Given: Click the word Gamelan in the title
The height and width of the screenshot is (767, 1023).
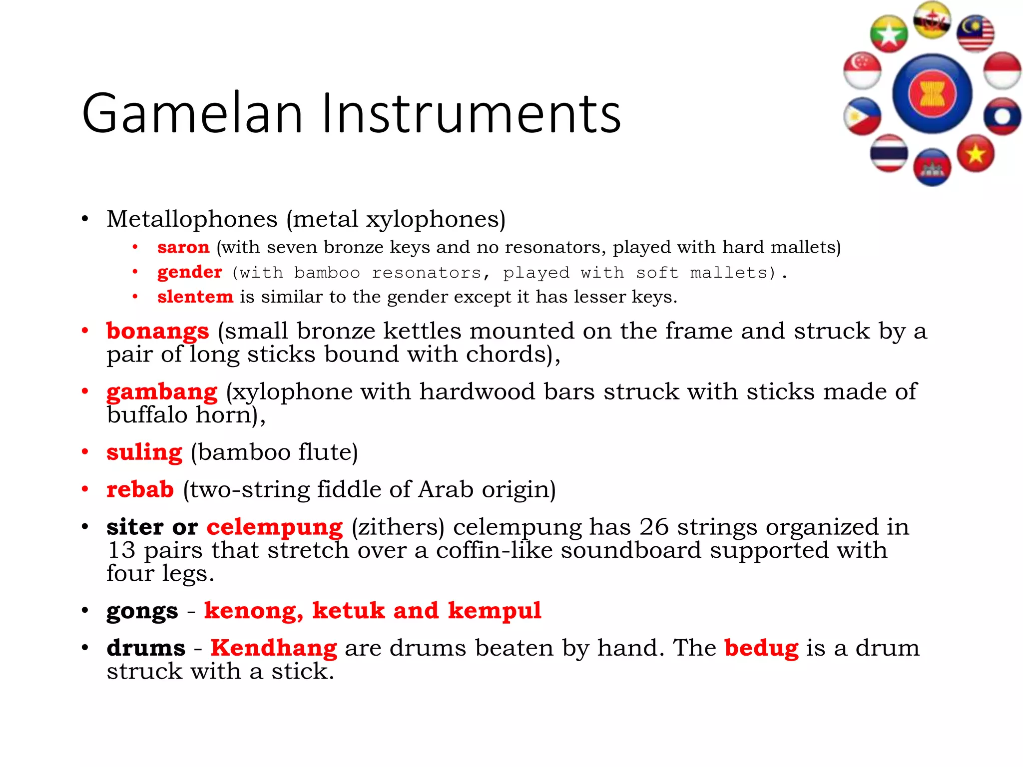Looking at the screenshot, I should tap(192, 114).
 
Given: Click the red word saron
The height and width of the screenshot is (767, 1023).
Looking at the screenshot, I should tap(183, 247).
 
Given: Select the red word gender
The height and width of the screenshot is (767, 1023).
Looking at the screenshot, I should tap(189, 272).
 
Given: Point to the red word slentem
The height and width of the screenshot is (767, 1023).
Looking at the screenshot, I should tap(195, 297).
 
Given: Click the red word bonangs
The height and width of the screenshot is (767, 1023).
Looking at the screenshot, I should tap(157, 331).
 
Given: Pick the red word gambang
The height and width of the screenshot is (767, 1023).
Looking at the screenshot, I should tap(162, 392).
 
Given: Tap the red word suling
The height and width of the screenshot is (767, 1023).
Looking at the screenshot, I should tap(144, 452).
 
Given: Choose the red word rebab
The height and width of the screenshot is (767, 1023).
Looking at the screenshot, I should tap(140, 489).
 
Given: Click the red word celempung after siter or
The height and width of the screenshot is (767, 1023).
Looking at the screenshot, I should tap(275, 527).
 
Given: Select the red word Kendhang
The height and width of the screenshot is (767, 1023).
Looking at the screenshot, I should tap(274, 648).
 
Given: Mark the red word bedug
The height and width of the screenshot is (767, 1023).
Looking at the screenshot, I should tap(761, 648).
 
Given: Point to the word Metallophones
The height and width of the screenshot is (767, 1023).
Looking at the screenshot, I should tap(192, 219).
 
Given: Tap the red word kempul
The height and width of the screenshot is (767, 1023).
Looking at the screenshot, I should tap(495, 611).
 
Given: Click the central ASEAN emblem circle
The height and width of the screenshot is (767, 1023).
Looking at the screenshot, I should tap(932, 93).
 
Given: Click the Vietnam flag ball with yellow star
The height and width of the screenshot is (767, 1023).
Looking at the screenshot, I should tap(976, 154).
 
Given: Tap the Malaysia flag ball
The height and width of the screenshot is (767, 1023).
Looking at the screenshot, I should tap(975, 34).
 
